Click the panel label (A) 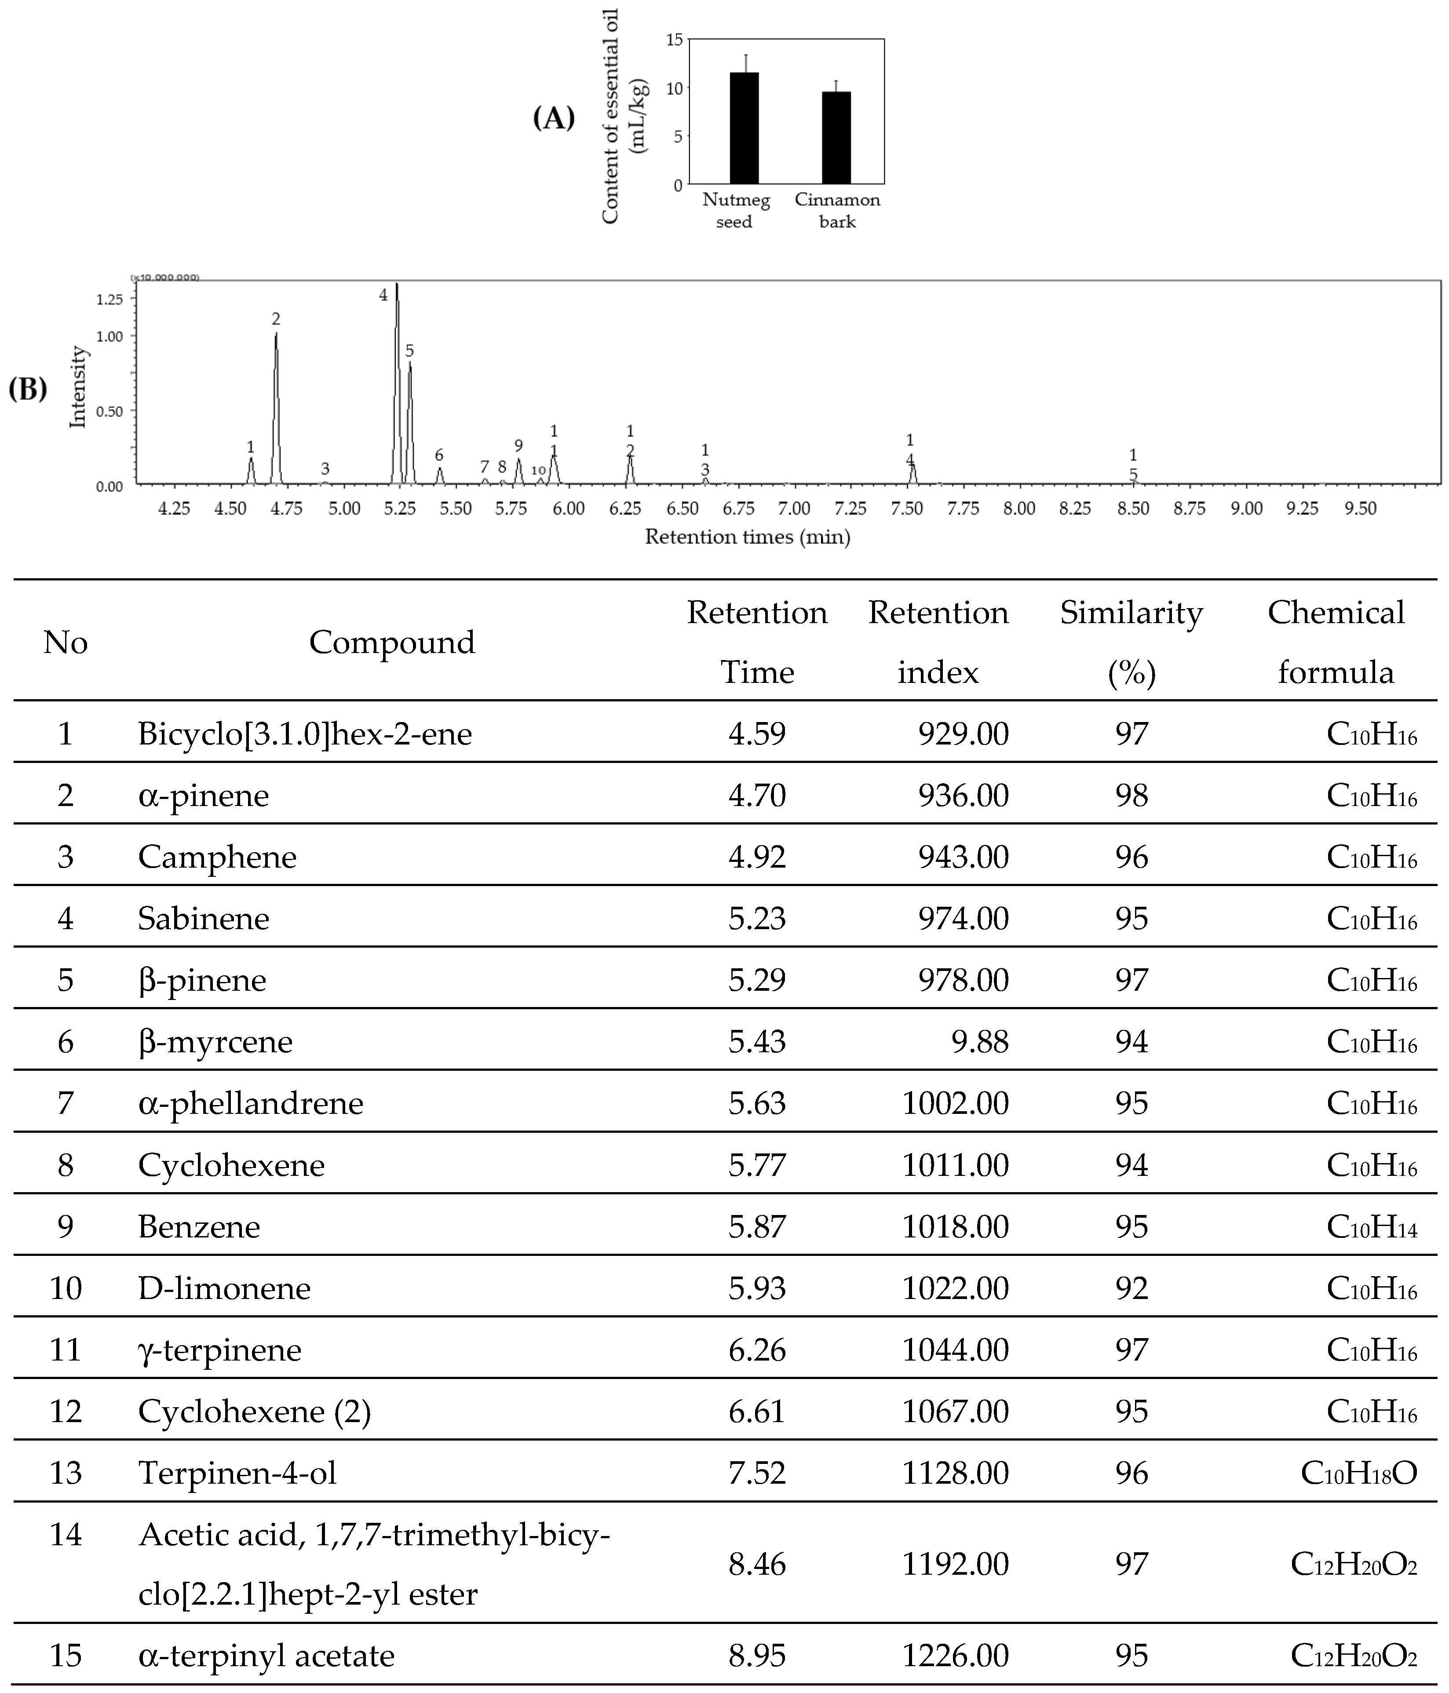pos(553,118)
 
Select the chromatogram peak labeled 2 pos(276,392)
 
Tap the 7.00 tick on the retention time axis pos(794,508)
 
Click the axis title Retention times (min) pos(747,537)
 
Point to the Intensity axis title pos(78,387)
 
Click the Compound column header pos(391,642)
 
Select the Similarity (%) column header pos(1131,642)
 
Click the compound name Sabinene pos(204,919)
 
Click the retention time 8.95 pos(757,1656)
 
